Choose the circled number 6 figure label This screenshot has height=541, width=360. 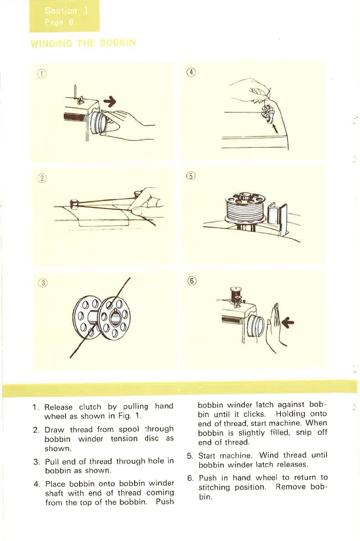191,281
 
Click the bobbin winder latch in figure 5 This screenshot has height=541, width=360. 276,216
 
